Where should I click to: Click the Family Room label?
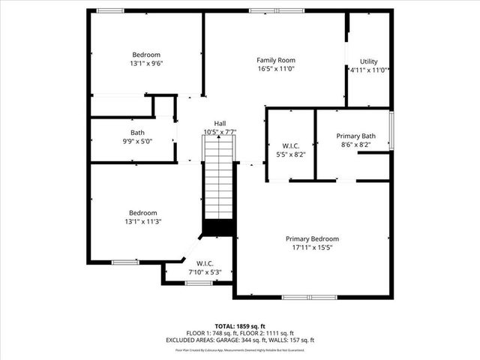[x=275, y=60]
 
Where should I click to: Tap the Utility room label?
[x=368, y=61]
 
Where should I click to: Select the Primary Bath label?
[x=356, y=136]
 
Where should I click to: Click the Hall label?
[x=220, y=124]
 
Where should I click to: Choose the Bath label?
[x=137, y=132]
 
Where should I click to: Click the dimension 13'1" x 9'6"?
[x=146, y=64]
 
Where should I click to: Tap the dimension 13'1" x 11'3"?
[x=142, y=221]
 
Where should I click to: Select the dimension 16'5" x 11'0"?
[x=275, y=69]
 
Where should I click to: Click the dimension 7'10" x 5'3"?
[x=205, y=271]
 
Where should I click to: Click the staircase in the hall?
[x=220, y=180]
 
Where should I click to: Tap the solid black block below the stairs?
[x=220, y=227]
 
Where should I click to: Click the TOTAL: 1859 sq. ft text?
[x=240, y=327]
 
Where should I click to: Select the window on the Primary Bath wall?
[x=391, y=130]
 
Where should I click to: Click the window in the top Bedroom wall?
[x=110, y=10]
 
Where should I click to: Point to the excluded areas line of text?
[x=240, y=340]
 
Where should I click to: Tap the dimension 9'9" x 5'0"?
[x=137, y=140]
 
